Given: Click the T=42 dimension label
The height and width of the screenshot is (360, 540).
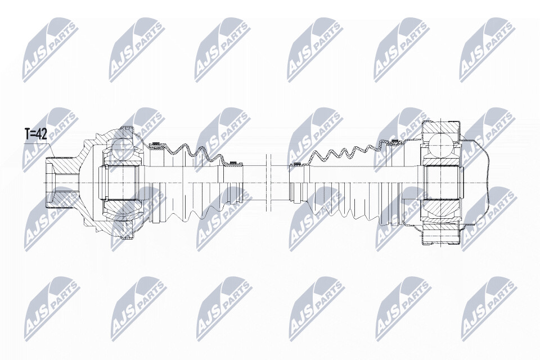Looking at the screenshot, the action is [x=35, y=134].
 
